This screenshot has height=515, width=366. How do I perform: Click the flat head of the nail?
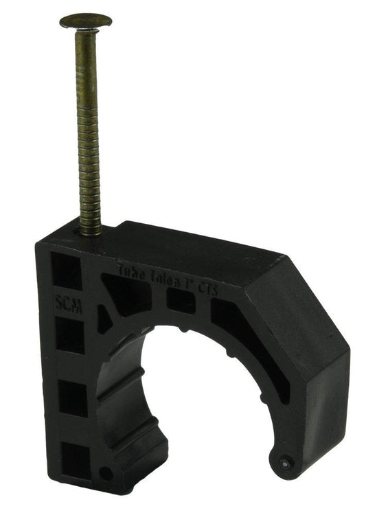(x=85, y=21)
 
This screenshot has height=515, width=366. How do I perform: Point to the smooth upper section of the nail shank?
(x=87, y=62)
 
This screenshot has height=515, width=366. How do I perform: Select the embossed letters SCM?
(x=68, y=305)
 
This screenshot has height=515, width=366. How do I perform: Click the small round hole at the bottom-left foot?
(x=105, y=473)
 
